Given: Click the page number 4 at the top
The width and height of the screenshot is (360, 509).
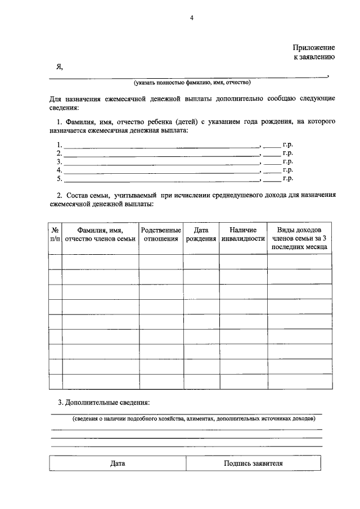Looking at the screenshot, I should pos(191,18).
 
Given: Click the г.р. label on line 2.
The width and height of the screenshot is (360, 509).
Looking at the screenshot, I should pos(288,153).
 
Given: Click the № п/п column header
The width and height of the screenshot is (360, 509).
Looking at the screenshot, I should pos(55,235).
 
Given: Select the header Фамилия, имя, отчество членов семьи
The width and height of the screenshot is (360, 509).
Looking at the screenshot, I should pos(100,235).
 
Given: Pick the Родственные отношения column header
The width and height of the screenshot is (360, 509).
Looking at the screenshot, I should pos(161,235).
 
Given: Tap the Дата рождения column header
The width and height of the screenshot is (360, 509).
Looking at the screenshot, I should pos(201,235).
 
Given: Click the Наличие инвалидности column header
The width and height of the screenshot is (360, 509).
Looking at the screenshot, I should pos(243,235).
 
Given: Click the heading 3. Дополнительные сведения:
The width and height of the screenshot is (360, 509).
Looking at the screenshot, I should pos(104,403).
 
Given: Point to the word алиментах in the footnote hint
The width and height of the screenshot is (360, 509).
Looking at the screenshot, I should pos(199,419).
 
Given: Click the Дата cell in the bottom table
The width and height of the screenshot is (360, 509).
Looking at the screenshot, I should pos(118,463).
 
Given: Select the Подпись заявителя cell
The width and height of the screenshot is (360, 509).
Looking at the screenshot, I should pos(253,463).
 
